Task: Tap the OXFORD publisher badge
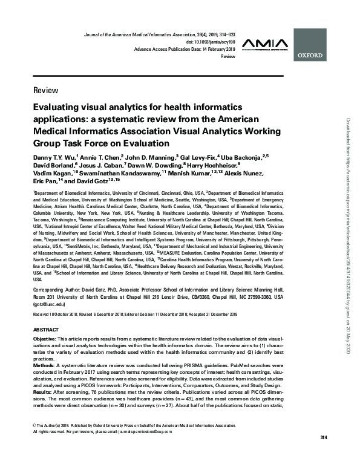tap(311, 53)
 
